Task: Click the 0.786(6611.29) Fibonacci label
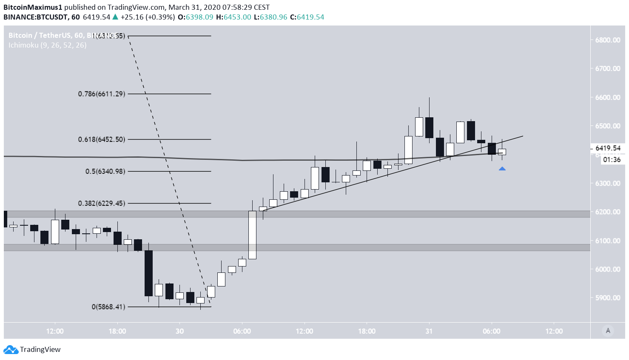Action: [102, 94]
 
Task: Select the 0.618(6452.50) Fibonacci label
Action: [102, 139]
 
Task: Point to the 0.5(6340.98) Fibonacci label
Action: [105, 171]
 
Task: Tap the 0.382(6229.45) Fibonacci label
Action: [102, 204]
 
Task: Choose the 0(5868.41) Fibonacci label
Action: [108, 307]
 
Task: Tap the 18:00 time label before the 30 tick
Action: [117, 331]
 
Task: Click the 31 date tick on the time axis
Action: [429, 331]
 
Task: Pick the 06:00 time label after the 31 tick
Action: [491, 331]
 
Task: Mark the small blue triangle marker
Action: [502, 169]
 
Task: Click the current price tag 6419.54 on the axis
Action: [608, 148]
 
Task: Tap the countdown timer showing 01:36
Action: [612, 160]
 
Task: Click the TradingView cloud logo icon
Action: [11, 349]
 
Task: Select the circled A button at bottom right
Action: [608, 331]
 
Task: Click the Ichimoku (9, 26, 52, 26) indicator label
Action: [47, 45]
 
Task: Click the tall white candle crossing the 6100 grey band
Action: [252, 235]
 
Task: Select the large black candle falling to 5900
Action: [148, 273]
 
